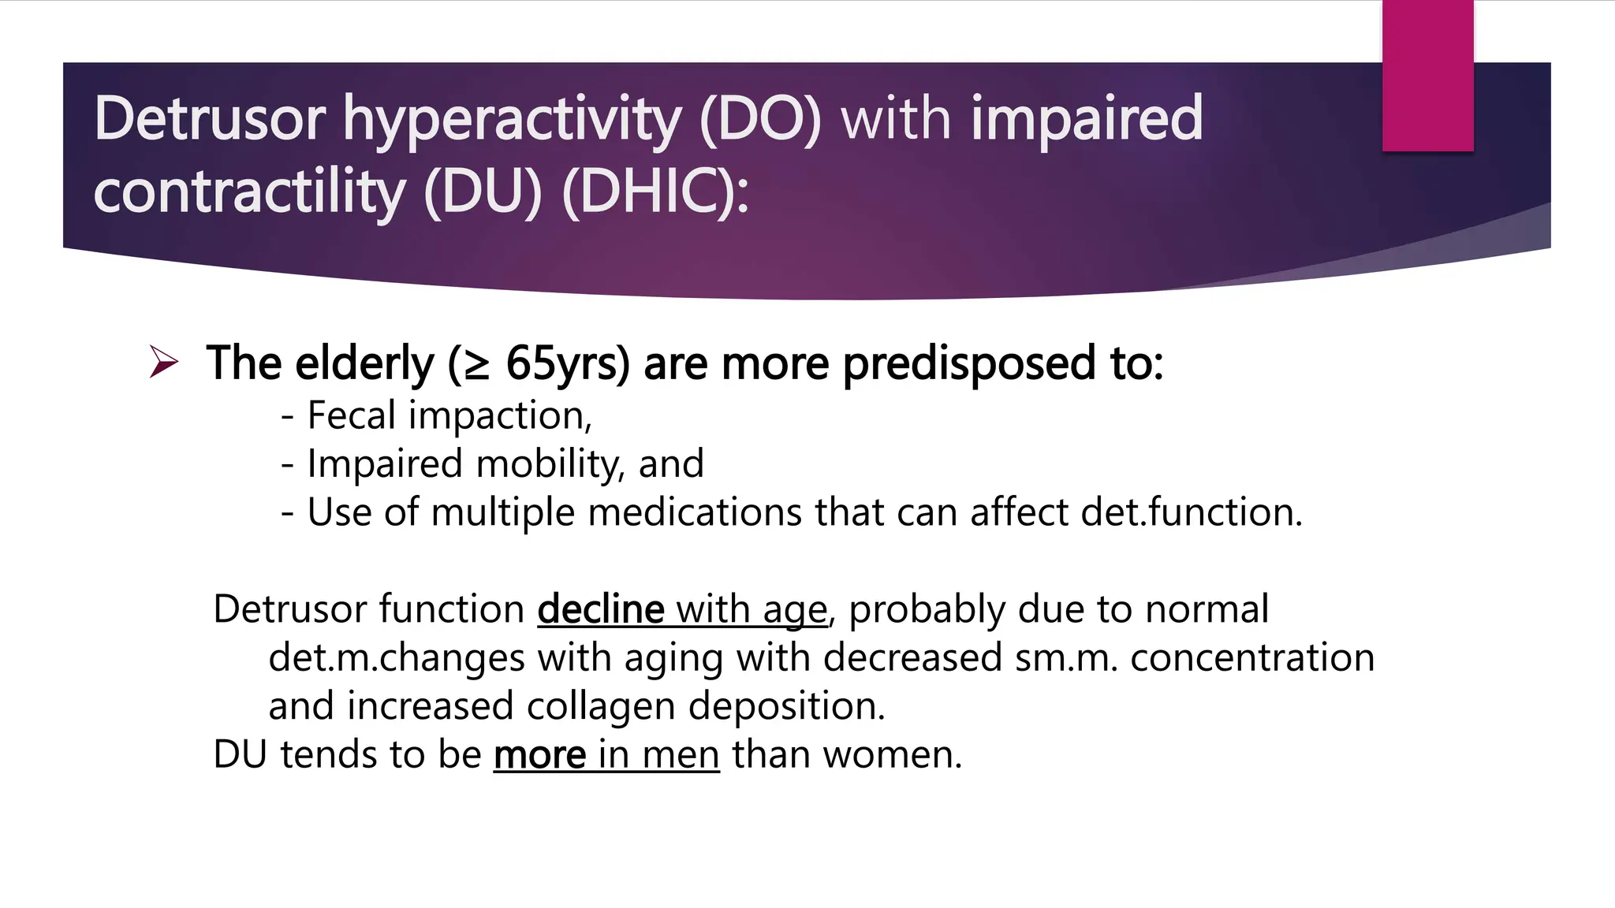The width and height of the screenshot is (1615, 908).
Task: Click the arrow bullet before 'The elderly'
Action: (x=164, y=363)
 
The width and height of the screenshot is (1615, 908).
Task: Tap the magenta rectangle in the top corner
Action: (x=1427, y=75)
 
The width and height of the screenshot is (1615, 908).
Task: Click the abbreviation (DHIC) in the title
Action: (x=655, y=192)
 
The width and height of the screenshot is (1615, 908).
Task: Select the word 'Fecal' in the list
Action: (x=351, y=415)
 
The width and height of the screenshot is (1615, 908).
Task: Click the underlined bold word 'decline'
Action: (x=601, y=609)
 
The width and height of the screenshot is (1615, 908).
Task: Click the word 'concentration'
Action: (x=1252, y=657)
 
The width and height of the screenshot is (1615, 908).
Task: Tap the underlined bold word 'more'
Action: (x=540, y=755)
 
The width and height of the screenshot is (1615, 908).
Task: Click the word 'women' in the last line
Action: (x=891, y=755)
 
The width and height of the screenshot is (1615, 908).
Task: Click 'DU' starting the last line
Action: (x=241, y=755)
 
